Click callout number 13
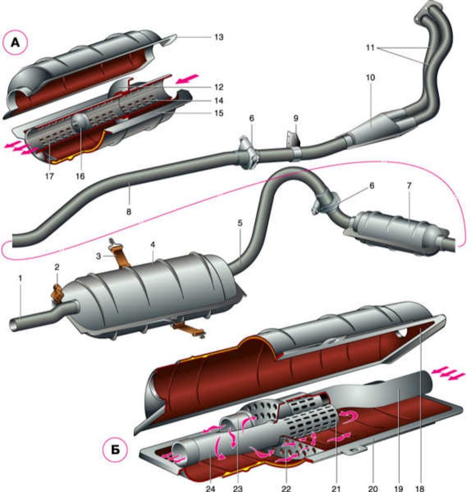(219, 37)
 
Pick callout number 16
(80, 176)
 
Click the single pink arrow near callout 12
(187, 79)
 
